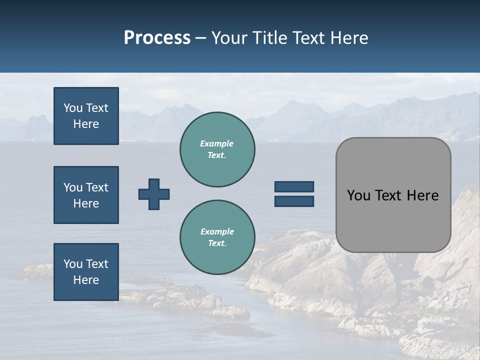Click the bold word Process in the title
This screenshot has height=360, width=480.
pos(157,38)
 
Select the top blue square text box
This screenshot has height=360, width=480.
pos(86,116)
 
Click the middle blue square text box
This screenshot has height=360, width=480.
pos(86,195)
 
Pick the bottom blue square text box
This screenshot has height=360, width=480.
pos(86,272)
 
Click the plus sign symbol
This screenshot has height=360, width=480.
pos(154,194)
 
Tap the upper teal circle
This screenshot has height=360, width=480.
pos(217,149)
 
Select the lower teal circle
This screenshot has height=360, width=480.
pos(217,237)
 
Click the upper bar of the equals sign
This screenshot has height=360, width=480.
pos(294,187)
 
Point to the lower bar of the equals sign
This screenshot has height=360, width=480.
pos(294,201)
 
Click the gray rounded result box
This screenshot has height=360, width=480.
pos(393,194)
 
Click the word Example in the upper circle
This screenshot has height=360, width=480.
pos(217,143)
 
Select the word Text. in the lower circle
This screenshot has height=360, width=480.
pos(217,243)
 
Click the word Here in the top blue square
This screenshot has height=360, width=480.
pos(86,124)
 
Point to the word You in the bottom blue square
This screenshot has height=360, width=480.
pos(73,264)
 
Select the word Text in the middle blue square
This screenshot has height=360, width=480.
pos(97,187)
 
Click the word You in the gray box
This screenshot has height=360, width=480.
pos(358,195)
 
